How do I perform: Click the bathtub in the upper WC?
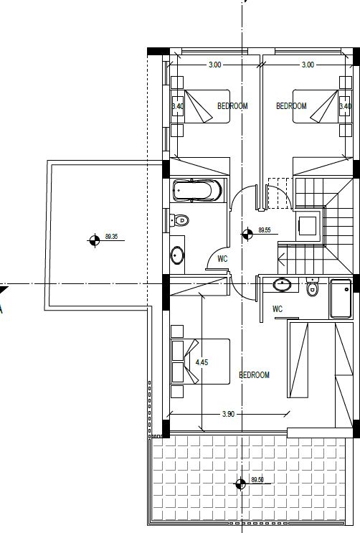click(197, 190)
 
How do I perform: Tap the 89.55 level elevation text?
click(265, 230)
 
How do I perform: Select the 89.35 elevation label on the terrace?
click(111, 236)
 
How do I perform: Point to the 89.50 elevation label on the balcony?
click(257, 480)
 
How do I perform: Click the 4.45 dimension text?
click(202, 362)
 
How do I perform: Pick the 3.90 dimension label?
click(229, 414)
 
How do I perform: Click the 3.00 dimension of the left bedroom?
click(215, 65)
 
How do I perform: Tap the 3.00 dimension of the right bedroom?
click(308, 65)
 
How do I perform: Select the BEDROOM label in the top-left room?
click(232, 106)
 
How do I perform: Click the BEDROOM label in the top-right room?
click(291, 106)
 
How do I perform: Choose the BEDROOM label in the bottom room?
click(255, 375)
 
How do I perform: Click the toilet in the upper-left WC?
click(179, 220)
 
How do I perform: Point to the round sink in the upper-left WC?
click(177, 255)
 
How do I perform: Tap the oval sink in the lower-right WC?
click(282, 285)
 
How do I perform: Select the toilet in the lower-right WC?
click(312, 287)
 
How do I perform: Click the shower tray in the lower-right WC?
click(341, 298)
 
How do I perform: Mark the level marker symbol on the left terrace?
click(95, 240)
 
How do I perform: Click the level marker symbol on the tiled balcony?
click(240, 484)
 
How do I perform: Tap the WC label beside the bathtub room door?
click(222, 259)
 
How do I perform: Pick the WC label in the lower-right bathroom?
click(278, 309)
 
